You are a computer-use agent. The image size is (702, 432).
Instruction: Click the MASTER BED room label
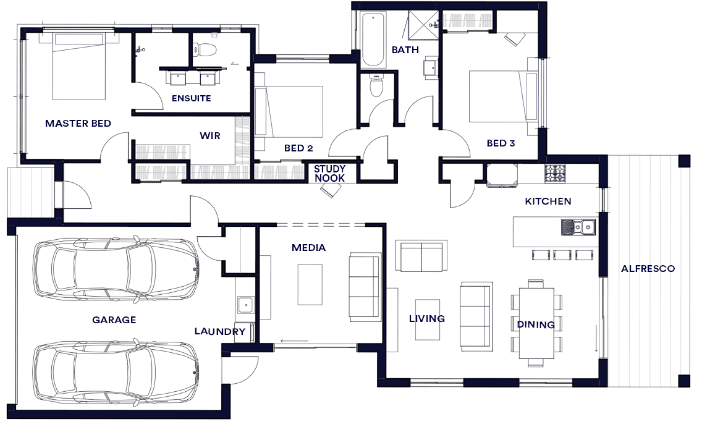point(78,124)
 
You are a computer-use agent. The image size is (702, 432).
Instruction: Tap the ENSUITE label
point(191,98)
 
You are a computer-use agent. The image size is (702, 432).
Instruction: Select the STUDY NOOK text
point(329,173)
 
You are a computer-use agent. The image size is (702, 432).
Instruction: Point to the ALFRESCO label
point(648,269)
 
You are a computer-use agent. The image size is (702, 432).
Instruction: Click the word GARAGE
point(114,320)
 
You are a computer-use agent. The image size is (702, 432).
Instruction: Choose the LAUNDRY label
point(220,331)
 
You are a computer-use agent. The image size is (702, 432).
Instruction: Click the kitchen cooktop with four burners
point(555,174)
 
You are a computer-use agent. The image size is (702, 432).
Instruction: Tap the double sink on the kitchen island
point(578,227)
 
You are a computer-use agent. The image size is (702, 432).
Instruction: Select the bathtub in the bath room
point(373,40)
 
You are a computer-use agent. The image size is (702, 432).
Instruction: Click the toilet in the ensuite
point(205,49)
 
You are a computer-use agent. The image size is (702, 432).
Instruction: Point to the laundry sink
point(245,305)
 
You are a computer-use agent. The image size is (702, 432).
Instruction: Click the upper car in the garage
point(116,270)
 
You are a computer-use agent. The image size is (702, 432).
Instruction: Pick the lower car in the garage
point(116,373)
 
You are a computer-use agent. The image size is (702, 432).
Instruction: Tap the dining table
point(536,323)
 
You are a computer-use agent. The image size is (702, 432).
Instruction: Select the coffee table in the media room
point(310,285)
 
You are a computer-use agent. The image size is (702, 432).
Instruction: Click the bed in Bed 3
point(503,96)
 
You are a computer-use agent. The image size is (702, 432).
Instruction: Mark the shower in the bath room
point(423,25)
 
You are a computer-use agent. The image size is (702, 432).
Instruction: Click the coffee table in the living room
point(427,320)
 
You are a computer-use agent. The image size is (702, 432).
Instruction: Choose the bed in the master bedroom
point(79,66)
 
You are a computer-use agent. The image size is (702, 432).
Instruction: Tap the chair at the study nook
point(331,190)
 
